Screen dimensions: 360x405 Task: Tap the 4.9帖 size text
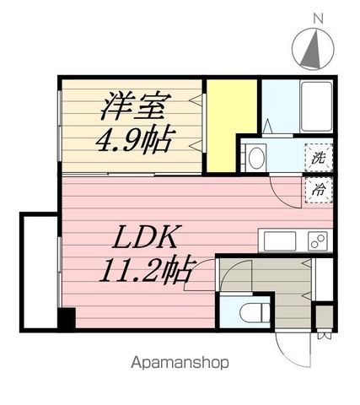[134, 140]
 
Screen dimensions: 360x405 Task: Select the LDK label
[145, 237]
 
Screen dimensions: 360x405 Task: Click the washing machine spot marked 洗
[319, 158]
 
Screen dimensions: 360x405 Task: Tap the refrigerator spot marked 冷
[319, 191]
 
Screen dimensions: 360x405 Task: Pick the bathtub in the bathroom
[316, 106]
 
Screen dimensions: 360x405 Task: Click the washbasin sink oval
[256, 158]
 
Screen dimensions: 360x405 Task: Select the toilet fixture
[255, 312]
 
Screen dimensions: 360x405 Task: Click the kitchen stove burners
[318, 241]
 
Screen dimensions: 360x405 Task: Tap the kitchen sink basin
[280, 241]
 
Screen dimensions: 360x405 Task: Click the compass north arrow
[313, 50]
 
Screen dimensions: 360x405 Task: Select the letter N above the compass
[318, 19]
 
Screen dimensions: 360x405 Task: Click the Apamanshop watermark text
[180, 363]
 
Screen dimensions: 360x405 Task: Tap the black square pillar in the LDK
[67, 318]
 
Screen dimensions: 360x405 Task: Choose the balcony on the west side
[40, 272]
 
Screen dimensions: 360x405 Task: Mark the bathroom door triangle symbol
[267, 126]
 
